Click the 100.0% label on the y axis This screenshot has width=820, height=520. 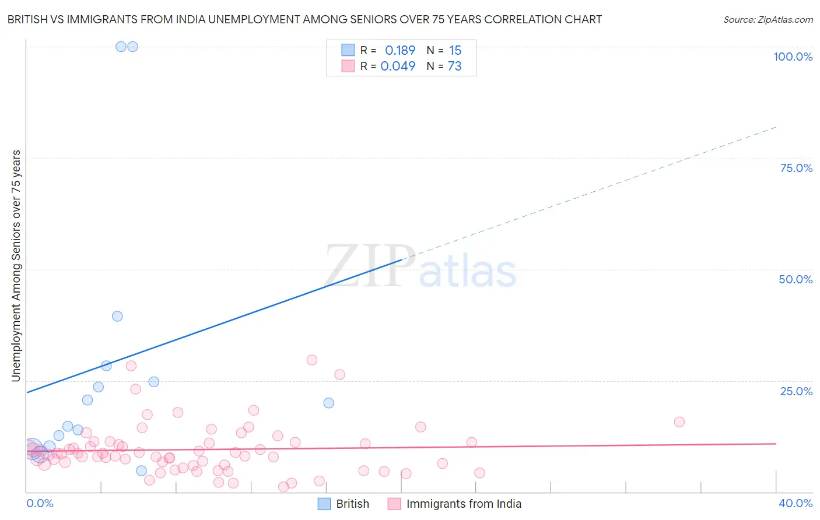pos(793,57)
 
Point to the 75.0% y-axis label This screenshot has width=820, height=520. pos(796,168)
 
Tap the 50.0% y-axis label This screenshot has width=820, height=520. pos(796,279)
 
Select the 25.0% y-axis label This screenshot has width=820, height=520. pos(796,391)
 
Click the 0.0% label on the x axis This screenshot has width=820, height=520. pos(40,503)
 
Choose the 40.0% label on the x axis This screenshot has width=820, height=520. pos(796,503)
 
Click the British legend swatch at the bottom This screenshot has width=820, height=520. pos(324,504)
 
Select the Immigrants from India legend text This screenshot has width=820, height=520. pos(464,504)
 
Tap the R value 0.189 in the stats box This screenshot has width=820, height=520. pos(400,50)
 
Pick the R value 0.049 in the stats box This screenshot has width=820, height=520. pos(398,66)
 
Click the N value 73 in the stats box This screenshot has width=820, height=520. pos(455,66)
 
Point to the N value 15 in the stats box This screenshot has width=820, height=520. pos(455,50)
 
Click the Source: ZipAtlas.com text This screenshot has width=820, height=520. pos(768,20)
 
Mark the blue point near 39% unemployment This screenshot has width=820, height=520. pos(117,316)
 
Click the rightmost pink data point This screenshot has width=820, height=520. pos(679,421)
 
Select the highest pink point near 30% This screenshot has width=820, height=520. pos(312,360)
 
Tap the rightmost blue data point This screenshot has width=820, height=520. pos(329,403)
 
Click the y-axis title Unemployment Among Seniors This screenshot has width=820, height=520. pos(16,266)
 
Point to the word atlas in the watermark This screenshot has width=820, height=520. pos(468,272)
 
